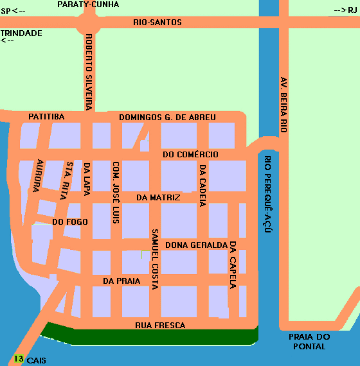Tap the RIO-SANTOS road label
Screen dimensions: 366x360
click(157, 22)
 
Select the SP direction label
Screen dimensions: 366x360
click(14, 11)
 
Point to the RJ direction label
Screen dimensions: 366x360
click(345, 10)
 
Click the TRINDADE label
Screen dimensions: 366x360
click(21, 33)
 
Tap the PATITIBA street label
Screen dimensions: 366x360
click(46, 117)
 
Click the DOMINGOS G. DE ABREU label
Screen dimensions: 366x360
click(167, 118)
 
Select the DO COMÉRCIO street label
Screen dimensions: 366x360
click(190, 155)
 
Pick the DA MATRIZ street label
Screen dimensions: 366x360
click(158, 198)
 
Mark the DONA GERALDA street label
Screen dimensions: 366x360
click(196, 245)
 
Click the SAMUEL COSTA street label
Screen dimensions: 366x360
click(154, 259)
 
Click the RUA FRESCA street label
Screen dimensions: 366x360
click(160, 326)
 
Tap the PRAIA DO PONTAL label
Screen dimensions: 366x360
click(309, 342)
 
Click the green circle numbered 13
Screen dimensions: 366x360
click(19, 359)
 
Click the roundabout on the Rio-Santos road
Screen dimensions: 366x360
click(88, 24)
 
